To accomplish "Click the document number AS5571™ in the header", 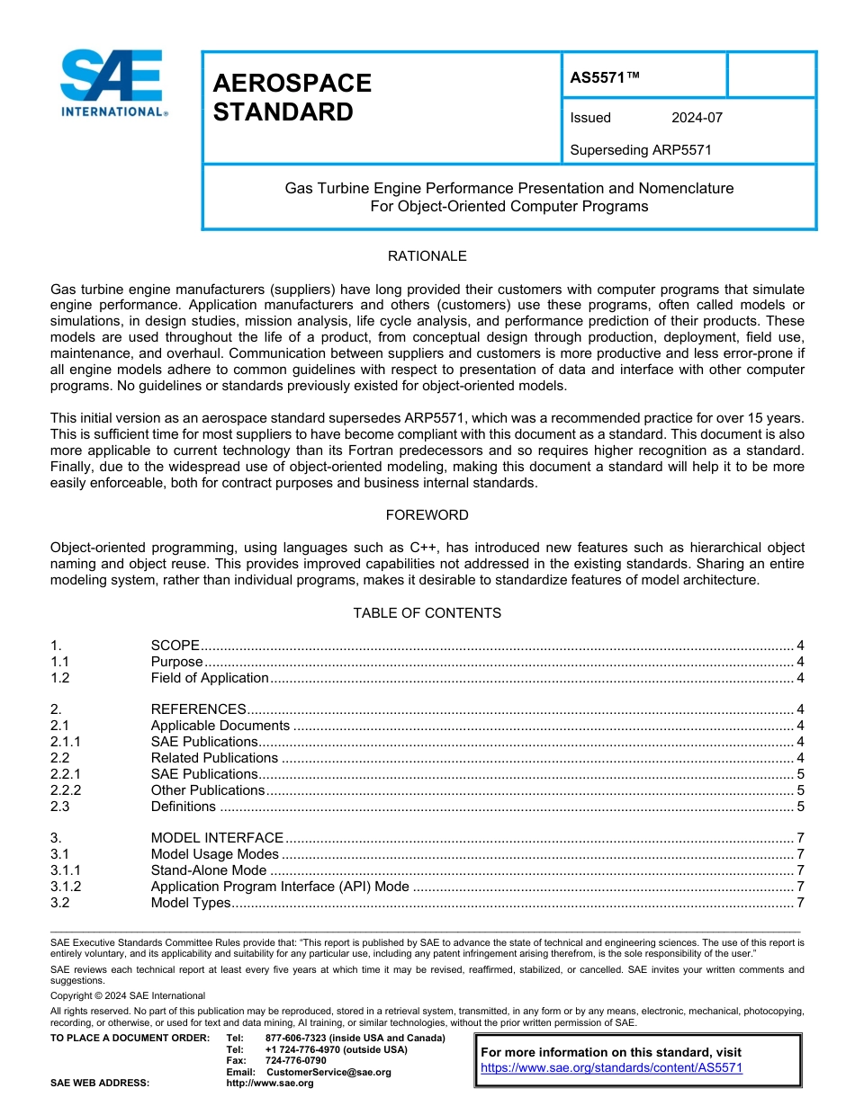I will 605,78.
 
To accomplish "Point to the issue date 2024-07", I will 697,118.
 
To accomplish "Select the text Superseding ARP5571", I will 640,150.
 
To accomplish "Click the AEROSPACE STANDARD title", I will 292,97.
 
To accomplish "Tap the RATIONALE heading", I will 427,256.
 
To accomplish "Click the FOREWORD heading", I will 427,515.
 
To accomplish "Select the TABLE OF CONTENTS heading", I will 427,613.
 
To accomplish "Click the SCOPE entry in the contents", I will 175,646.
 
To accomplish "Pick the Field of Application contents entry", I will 210,678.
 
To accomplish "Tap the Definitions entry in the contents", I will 184,807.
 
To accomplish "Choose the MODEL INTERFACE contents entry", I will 217,838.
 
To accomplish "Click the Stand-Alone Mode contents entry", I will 209,870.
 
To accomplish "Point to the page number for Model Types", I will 800,903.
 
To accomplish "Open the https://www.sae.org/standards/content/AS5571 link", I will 611,1068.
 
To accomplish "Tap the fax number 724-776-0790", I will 296,1060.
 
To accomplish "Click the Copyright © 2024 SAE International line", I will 128,995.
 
